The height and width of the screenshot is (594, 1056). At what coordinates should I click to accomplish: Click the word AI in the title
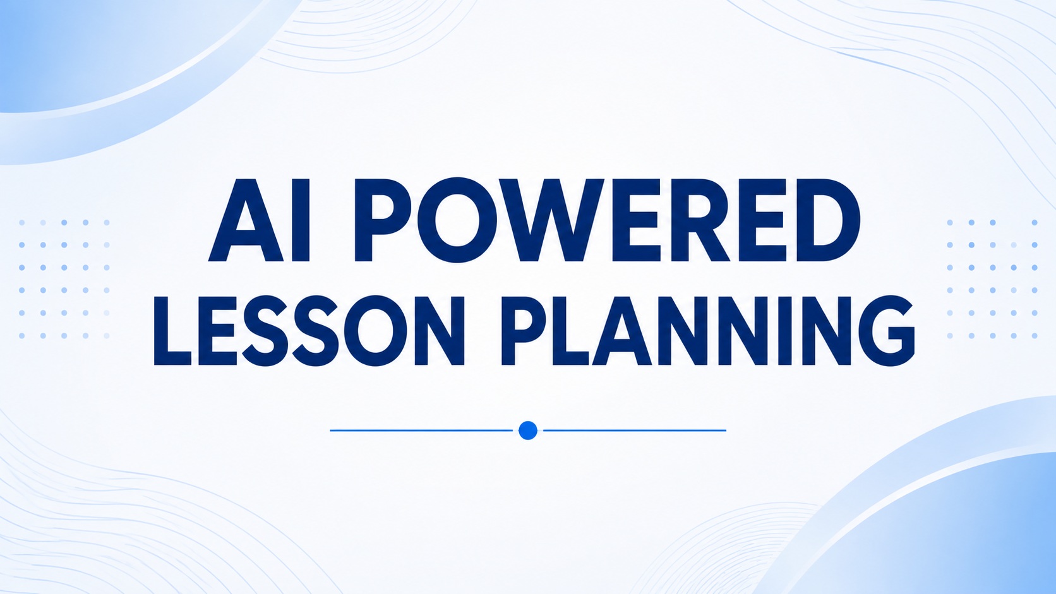click(259, 220)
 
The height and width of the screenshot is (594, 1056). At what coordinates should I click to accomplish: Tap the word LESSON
click(309, 331)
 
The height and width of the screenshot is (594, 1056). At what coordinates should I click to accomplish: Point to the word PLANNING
click(707, 331)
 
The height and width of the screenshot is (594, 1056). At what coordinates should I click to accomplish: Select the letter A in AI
click(246, 220)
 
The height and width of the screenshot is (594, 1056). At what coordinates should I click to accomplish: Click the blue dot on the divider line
click(527, 430)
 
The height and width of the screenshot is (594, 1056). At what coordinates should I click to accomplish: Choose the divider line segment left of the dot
click(421, 430)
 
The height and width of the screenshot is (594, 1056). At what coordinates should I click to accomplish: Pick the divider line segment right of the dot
click(635, 430)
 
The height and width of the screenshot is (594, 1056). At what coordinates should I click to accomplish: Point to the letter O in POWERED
click(458, 220)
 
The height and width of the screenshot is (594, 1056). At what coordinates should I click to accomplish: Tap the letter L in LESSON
click(172, 331)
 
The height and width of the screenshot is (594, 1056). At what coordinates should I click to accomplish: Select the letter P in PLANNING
click(525, 331)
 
